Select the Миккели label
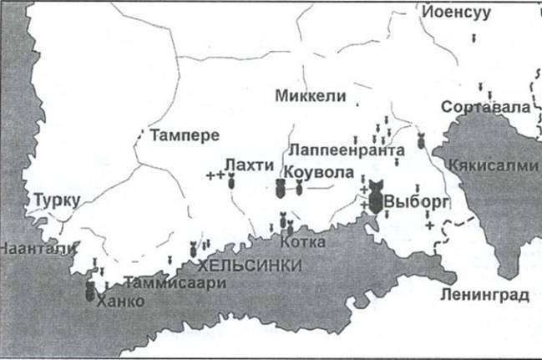[x=310, y=96]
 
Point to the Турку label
[x=57, y=200]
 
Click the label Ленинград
[x=485, y=296]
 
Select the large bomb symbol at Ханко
[x=89, y=292]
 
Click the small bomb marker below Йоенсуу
[x=474, y=38]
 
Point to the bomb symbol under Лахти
[x=231, y=179]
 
